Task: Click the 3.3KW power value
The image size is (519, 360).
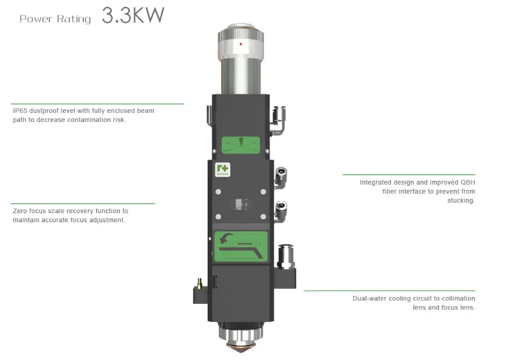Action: [x=133, y=15]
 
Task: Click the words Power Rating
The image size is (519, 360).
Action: [x=55, y=19]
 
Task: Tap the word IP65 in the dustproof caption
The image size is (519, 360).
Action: [x=20, y=111]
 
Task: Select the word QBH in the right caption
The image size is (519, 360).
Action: [x=468, y=183]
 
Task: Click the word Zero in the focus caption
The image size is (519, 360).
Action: [x=20, y=211]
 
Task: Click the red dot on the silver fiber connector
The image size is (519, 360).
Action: [x=240, y=44]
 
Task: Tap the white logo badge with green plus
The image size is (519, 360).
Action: [x=222, y=170]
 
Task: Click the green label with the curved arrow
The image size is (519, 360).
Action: [x=241, y=247]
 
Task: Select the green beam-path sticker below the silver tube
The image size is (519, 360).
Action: [x=240, y=145]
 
